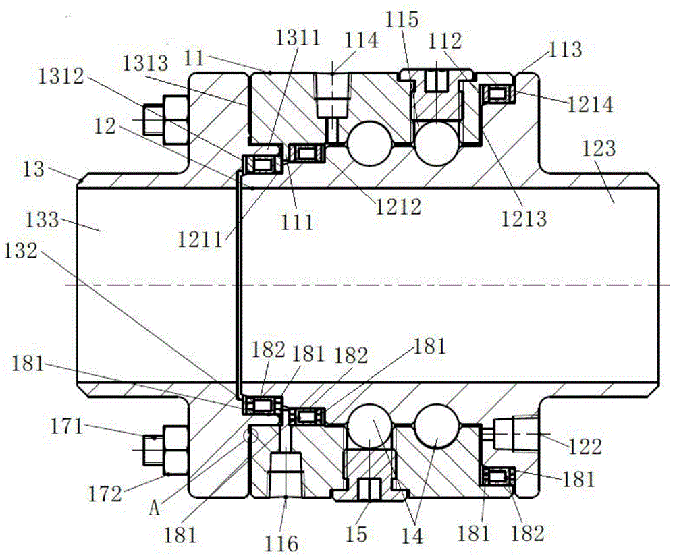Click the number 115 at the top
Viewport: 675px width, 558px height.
point(404,19)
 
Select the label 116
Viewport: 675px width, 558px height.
point(281,541)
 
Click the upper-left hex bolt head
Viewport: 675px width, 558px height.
point(174,121)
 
